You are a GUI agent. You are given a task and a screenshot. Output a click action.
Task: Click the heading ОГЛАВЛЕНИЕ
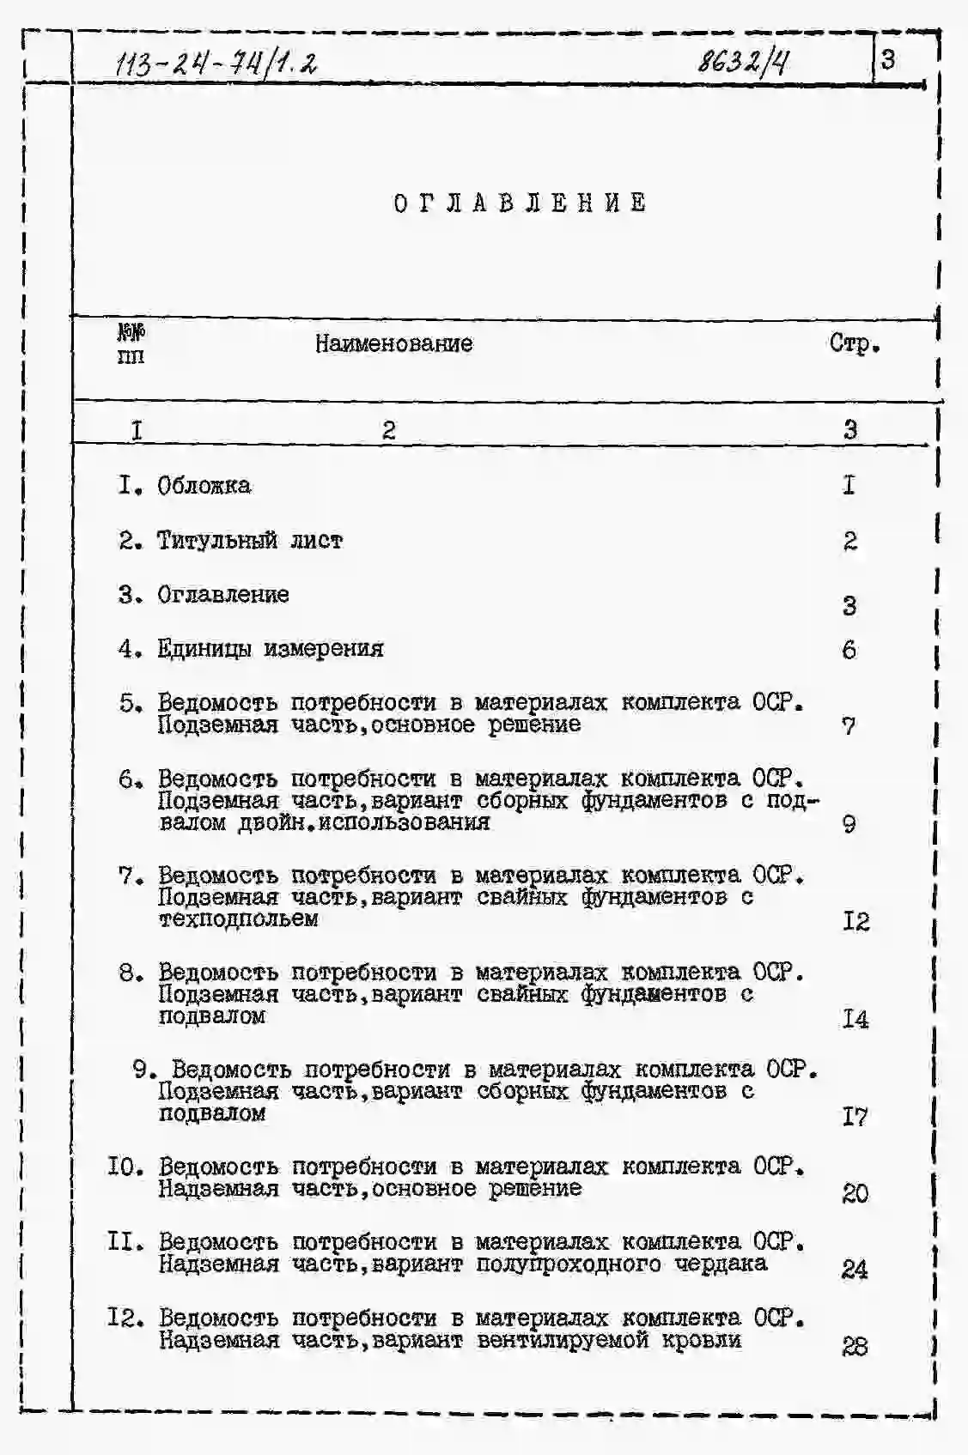(521, 203)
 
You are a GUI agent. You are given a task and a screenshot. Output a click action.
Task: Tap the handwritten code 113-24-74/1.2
(219, 64)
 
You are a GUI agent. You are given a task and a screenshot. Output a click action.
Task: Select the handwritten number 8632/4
(744, 62)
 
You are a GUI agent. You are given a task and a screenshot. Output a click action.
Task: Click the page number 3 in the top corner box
(888, 59)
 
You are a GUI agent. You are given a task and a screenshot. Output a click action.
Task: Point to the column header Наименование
(393, 344)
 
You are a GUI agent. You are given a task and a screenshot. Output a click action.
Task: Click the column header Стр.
(855, 344)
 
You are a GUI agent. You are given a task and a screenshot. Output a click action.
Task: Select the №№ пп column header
(131, 343)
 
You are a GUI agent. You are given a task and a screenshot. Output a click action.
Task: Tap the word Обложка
(204, 486)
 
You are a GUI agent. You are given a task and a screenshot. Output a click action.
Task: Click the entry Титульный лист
(249, 541)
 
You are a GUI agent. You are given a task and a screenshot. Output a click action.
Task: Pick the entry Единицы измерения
(270, 649)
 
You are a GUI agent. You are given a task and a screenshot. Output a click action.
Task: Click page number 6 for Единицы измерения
(849, 650)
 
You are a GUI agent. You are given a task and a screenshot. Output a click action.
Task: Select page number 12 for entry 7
(855, 922)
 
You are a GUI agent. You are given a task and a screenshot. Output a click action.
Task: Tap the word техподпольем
(238, 919)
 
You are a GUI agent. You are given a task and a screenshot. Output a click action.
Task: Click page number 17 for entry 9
(855, 1117)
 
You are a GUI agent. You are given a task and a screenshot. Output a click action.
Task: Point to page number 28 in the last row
(855, 1346)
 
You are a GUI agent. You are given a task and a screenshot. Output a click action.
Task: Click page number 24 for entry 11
(855, 1269)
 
